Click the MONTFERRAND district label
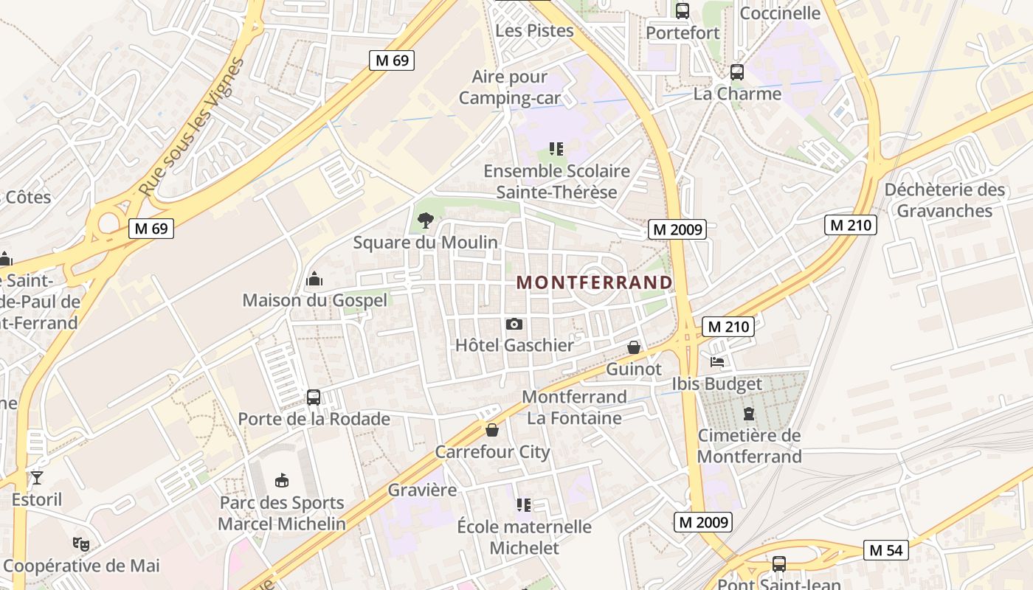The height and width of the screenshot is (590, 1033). coord(595,282)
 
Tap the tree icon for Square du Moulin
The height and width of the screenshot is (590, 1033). coord(425,220)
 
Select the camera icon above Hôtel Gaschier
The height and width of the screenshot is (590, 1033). coord(514,324)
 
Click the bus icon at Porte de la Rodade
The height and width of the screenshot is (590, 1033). coord(314,398)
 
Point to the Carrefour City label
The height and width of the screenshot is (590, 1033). coord(492,451)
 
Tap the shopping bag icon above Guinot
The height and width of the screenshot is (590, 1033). coord(634,347)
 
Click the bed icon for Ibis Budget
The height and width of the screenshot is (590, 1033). coord(717,362)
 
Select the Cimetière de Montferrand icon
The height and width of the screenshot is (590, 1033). coord(749,414)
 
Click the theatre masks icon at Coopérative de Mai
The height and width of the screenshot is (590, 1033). coord(81,544)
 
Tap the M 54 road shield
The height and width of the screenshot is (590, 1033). coord(885,549)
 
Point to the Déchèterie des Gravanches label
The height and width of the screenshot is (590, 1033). coord(944,200)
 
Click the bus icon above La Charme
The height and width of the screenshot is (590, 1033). coord(736,72)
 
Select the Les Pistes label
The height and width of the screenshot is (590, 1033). coord(534,30)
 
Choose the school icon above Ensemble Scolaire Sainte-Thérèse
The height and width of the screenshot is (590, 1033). coord(556,150)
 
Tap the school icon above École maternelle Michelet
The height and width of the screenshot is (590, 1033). coord(524,505)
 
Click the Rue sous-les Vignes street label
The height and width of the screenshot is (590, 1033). coord(191,127)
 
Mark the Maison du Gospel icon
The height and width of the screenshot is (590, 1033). coord(314,279)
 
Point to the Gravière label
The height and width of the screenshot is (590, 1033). coord(422,490)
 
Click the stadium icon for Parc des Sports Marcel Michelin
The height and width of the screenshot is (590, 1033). coord(281,481)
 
